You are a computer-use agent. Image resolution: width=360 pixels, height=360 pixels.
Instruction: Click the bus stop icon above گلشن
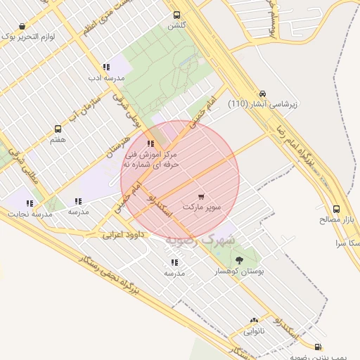click(176, 14)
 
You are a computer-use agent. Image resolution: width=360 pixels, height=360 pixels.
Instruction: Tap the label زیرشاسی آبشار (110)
click(262, 104)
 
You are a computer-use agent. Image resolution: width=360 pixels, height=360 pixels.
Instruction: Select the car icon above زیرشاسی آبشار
click(262, 93)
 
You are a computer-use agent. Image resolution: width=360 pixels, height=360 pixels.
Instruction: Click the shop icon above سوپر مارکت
click(202, 197)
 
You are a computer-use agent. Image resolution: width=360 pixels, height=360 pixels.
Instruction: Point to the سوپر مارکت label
click(202, 208)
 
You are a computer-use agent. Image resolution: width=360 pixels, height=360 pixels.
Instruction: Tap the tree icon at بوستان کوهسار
click(239, 260)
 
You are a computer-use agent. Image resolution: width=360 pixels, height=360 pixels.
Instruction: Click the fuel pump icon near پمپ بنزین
click(319, 347)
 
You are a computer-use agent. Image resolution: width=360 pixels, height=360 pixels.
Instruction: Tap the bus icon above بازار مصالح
click(337, 209)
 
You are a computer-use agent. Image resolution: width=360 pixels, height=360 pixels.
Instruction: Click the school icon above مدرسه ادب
click(105, 67)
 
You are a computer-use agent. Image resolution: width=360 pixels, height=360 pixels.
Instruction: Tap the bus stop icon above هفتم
click(58, 129)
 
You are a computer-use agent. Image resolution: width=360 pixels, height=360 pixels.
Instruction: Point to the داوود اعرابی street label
click(122, 234)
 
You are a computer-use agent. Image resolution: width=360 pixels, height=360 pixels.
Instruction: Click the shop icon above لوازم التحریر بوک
click(23, 27)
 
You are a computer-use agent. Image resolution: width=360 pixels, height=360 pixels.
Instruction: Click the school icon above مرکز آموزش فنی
click(150, 143)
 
